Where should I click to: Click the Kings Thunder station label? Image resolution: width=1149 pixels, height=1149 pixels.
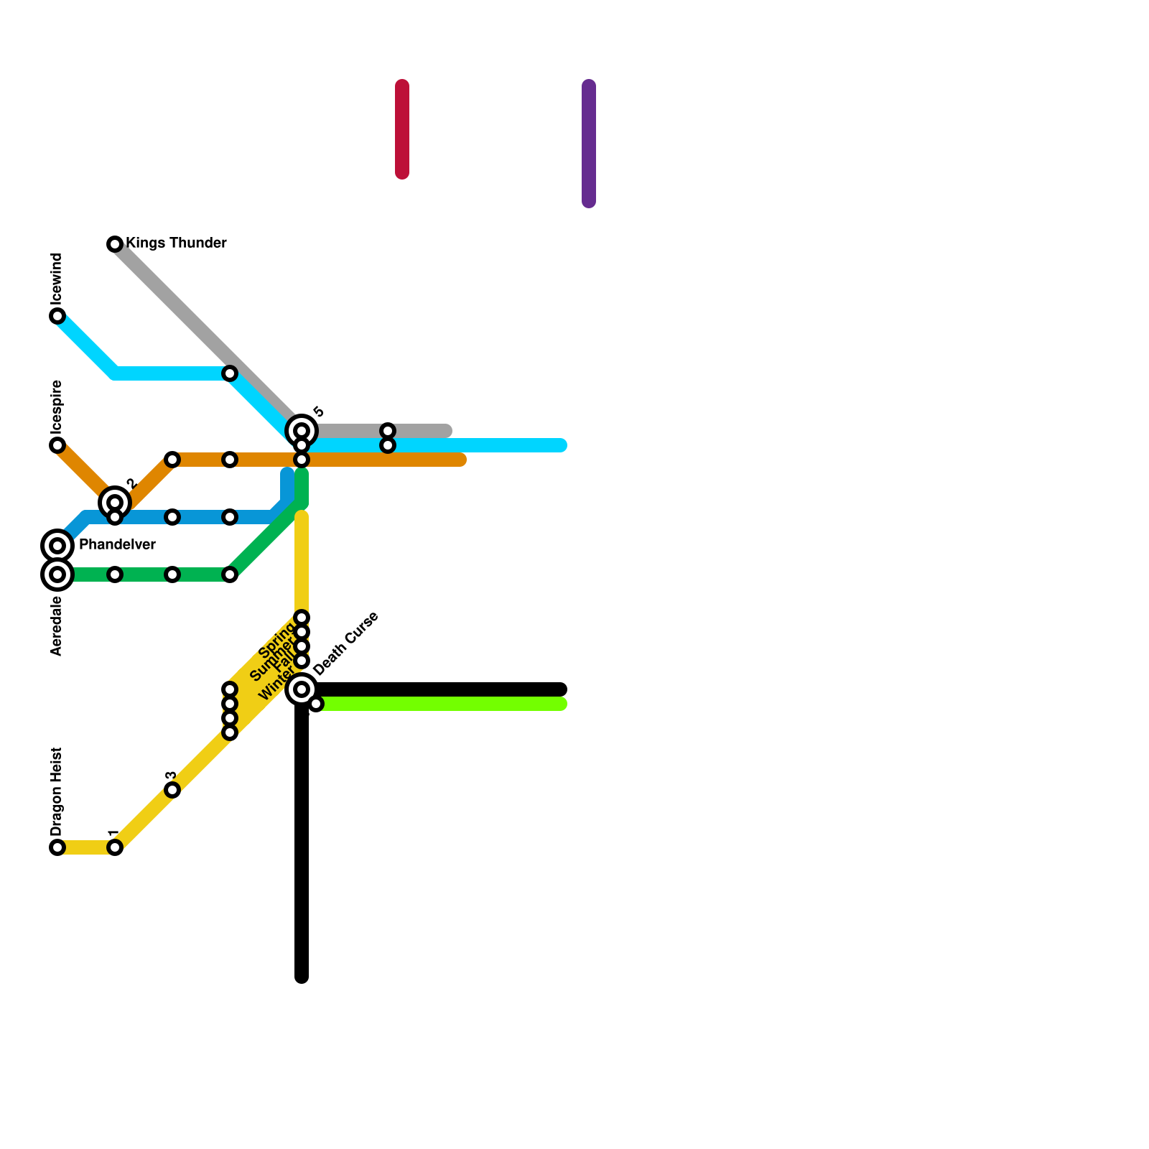coord(176,243)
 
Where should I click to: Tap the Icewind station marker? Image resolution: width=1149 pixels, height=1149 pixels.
coord(57,316)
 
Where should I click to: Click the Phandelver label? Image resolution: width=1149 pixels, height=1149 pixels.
coord(117,545)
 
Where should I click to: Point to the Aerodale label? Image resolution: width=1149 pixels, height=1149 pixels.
coord(57,626)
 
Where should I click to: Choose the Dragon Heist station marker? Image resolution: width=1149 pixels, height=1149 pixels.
coord(57,847)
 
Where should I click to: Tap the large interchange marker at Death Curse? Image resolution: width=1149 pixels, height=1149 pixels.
coord(302,689)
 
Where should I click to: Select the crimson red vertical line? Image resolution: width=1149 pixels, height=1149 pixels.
coord(402,129)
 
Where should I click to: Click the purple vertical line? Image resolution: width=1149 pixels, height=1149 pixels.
coord(589,144)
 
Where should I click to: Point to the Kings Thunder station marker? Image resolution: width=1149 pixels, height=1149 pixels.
coord(115,244)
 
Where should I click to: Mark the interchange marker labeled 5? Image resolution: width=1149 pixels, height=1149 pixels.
coord(302,431)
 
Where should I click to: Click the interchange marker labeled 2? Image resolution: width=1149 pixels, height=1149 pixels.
coord(114,502)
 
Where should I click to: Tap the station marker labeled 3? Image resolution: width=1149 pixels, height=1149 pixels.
coord(172,790)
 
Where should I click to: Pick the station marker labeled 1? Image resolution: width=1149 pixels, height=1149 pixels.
coord(115,847)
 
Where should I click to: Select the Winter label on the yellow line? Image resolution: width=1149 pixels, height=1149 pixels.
coord(276,685)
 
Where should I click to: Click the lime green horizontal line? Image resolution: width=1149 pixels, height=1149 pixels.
coord(445,704)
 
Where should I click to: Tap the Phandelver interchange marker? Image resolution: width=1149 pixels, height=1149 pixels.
coord(57,546)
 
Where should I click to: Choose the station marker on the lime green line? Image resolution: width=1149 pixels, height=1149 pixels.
coord(316,704)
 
